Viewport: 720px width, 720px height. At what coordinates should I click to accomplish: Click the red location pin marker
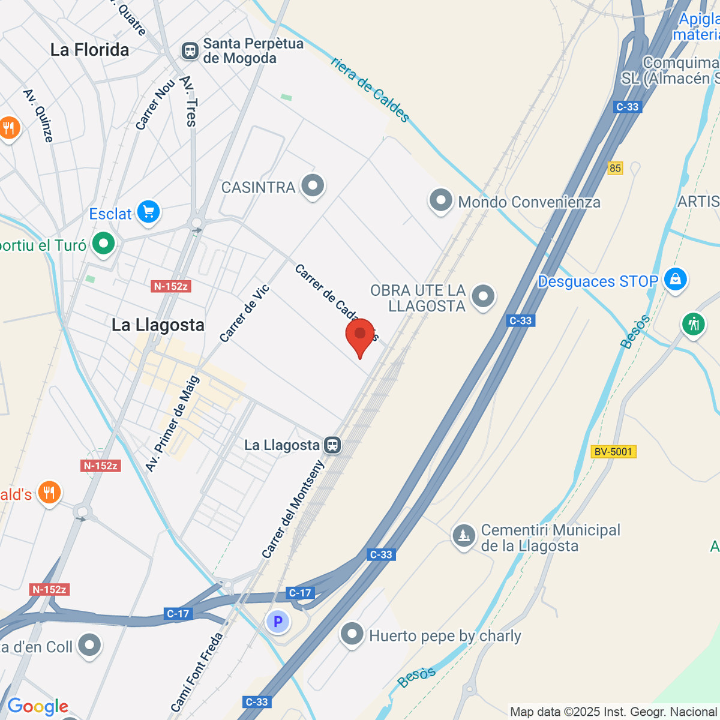point(360,335)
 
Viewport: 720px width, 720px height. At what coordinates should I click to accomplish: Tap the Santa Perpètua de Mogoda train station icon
point(190,50)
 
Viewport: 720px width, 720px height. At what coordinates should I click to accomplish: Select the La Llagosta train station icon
point(332,445)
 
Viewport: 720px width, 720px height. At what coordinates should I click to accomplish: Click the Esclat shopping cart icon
point(148,212)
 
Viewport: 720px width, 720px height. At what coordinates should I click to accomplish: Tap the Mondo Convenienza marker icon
point(441,200)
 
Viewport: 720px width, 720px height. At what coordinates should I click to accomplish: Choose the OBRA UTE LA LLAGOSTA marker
point(483,296)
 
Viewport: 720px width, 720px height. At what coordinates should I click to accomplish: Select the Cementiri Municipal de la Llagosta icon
point(463,535)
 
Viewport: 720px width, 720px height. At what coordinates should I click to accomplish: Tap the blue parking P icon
point(278,622)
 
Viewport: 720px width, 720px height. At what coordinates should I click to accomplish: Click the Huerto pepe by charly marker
point(352,634)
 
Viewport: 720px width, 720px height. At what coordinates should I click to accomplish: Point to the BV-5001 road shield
point(613,452)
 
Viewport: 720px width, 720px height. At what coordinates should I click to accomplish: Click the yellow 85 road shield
point(615,168)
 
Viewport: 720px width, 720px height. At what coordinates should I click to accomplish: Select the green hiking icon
point(694,325)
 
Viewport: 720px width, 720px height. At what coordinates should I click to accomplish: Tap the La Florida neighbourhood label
point(90,50)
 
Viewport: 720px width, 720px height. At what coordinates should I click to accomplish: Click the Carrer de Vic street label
point(244,314)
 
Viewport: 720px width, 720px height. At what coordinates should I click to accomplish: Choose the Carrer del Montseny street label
point(293,509)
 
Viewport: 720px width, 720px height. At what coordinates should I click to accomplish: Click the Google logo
point(38,707)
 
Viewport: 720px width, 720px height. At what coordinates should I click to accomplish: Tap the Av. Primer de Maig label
point(172,424)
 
